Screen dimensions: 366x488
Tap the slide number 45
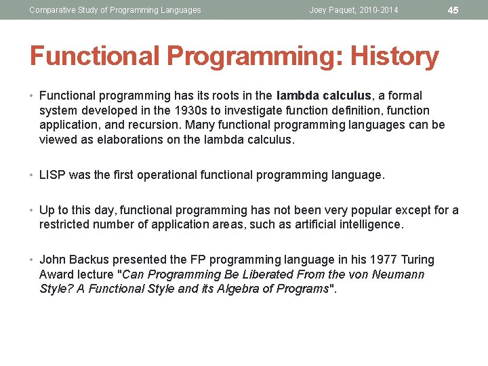pyautogui.click(x=453, y=10)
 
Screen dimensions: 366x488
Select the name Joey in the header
pyautogui.click(x=319, y=10)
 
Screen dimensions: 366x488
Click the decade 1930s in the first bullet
pyautogui.click(x=195, y=110)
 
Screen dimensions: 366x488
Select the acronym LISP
pyautogui.click(x=52, y=175)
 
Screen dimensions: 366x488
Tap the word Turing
pyautogui.click(x=417, y=260)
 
